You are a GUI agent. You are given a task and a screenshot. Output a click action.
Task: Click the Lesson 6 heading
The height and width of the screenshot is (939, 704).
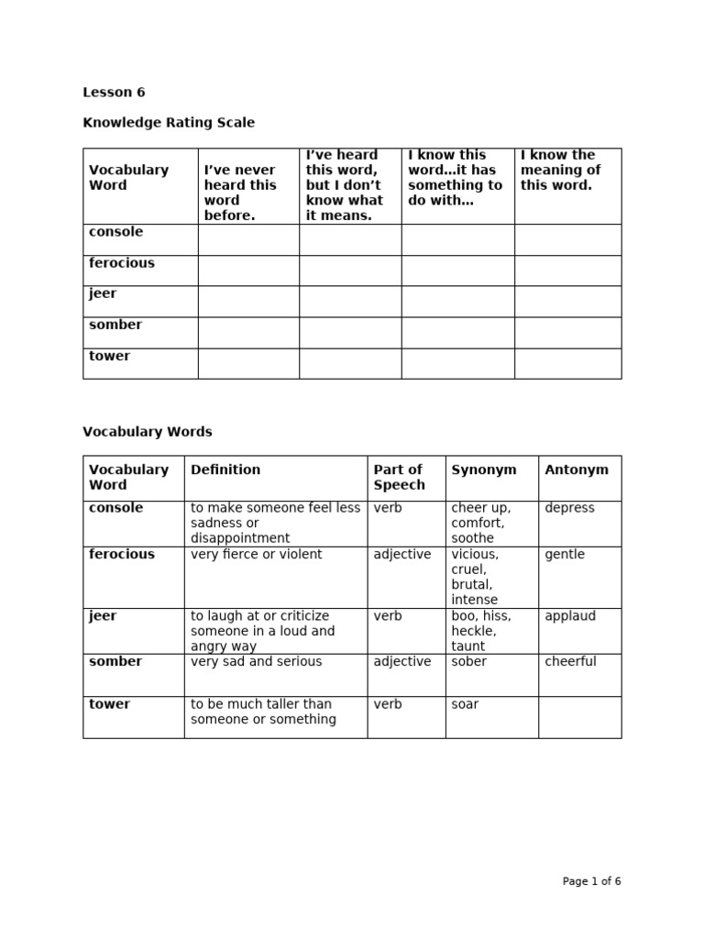(x=114, y=92)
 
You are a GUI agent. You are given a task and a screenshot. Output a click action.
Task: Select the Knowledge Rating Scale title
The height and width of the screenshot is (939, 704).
(x=169, y=122)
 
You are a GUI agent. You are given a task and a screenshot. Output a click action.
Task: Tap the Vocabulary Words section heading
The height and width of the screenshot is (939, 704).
(x=147, y=431)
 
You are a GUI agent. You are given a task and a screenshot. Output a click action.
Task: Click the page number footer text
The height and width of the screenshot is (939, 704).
(x=591, y=881)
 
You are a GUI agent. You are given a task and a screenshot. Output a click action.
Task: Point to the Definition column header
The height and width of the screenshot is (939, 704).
(x=225, y=469)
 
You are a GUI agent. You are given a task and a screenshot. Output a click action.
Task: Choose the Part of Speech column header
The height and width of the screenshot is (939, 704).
(x=399, y=477)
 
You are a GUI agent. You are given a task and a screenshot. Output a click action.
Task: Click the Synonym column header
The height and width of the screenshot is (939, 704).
(x=483, y=469)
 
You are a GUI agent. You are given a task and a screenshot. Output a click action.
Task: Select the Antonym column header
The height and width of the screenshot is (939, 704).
(x=576, y=469)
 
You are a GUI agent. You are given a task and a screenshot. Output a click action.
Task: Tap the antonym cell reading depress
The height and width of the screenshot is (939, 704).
(x=569, y=508)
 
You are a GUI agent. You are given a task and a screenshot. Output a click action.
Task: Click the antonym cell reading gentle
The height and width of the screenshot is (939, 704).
(x=564, y=555)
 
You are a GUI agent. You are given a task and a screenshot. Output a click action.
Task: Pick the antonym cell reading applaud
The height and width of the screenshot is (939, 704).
(x=570, y=616)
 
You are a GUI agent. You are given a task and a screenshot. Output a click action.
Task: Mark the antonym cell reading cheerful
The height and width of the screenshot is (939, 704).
(x=570, y=661)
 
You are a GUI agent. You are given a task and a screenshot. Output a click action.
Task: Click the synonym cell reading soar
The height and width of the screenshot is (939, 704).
(x=465, y=704)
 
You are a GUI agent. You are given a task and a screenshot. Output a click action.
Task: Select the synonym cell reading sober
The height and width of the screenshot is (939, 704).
(x=468, y=661)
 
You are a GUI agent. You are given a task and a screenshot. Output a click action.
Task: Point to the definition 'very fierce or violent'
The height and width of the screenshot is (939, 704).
(x=256, y=555)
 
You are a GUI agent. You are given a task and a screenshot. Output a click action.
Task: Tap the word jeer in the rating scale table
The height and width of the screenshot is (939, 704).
(x=103, y=293)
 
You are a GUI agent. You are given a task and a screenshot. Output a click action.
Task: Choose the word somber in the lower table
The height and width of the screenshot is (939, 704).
(x=115, y=661)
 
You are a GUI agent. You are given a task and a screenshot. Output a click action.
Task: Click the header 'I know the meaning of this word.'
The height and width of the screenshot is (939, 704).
(x=560, y=170)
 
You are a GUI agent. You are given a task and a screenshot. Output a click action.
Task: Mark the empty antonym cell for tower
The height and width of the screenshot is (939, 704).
(x=579, y=716)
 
